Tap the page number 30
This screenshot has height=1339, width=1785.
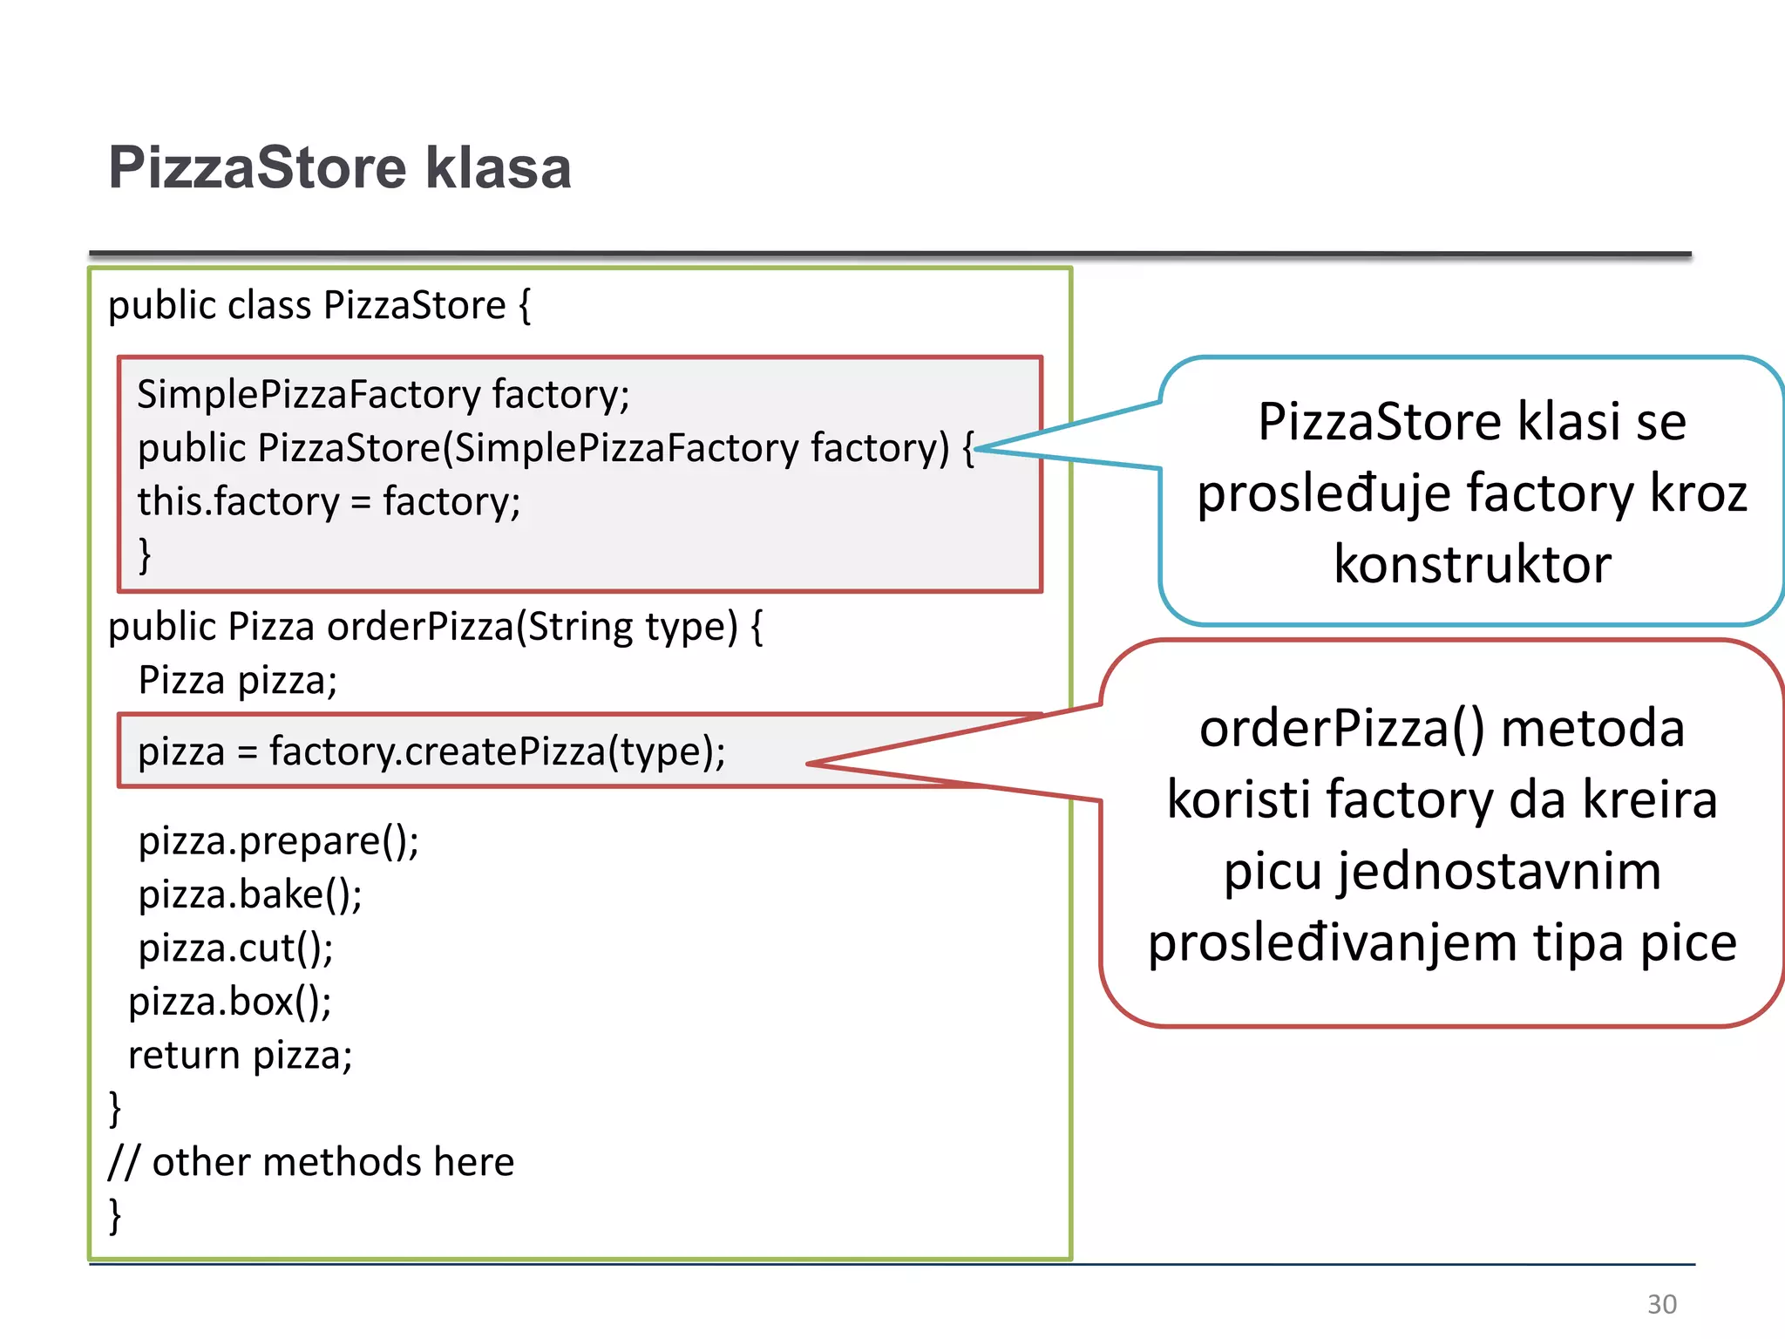pyautogui.click(x=1661, y=1304)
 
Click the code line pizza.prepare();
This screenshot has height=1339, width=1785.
pyautogui.click(x=278, y=841)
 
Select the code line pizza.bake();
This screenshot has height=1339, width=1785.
pyautogui.click(x=250, y=895)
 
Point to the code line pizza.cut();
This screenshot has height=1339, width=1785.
pyautogui.click(x=235, y=948)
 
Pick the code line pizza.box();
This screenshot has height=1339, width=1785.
pyautogui.click(x=230, y=1002)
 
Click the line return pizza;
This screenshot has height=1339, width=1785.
pyautogui.click(x=240, y=1056)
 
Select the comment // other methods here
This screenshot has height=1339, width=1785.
pyautogui.click(x=311, y=1162)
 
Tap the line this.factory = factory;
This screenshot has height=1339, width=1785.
pyautogui.click(x=329, y=502)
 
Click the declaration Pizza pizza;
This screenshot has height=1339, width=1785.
pyautogui.click(x=237, y=680)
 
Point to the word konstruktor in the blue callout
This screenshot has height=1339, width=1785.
pyautogui.click(x=1472, y=564)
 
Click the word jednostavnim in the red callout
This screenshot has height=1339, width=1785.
pyautogui.click(x=1442, y=871)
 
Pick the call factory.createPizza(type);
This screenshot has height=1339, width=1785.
pyautogui.click(x=497, y=751)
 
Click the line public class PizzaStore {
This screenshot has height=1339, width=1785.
pyautogui.click(x=319, y=306)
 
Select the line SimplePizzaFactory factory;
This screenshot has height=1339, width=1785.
pyautogui.click(x=383, y=395)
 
